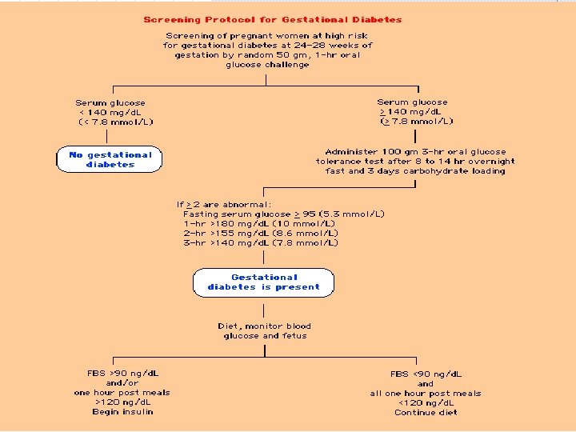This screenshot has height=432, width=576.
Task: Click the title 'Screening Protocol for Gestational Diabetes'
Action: tap(273, 19)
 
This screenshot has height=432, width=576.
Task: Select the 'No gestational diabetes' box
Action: tap(110, 159)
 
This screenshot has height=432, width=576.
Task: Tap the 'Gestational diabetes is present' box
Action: tap(263, 282)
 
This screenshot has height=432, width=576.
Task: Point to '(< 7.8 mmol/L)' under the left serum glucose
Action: tap(116, 122)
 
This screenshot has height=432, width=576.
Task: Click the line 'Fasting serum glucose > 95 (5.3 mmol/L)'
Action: tap(284, 214)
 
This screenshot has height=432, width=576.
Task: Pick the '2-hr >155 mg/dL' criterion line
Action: tap(261, 234)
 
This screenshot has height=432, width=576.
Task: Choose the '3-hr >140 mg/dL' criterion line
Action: tap(261, 243)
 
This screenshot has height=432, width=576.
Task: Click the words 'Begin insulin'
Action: tap(122, 412)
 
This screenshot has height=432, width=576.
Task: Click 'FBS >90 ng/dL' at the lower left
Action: tap(122, 374)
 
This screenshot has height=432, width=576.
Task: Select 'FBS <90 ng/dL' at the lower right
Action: tap(426, 374)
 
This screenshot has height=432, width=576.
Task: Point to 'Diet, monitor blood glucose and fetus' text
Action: tap(264, 331)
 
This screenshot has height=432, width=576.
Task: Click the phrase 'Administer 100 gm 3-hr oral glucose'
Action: tap(415, 152)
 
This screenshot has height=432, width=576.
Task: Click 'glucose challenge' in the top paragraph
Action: tap(267, 65)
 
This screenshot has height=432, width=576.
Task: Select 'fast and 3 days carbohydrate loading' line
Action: tap(415, 171)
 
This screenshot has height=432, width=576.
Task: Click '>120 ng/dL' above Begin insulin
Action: tap(122, 402)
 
